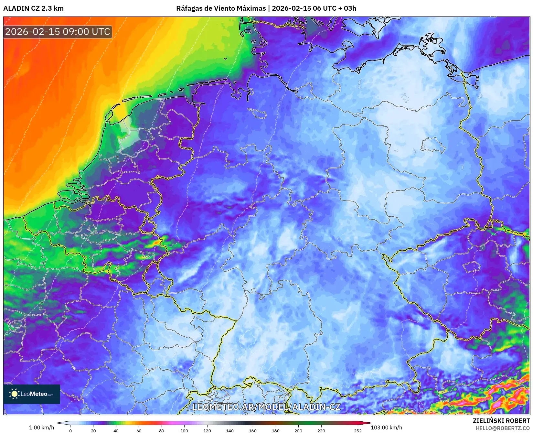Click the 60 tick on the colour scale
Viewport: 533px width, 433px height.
pos(139,430)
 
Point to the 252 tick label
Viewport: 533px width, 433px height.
pos(357,430)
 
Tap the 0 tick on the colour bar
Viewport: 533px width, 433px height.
pos(70,430)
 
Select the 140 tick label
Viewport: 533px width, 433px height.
pos(230,430)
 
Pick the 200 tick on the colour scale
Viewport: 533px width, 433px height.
pos(298,430)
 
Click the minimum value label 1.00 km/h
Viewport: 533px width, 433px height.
pos(42,428)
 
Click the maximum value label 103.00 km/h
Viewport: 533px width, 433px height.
pos(386,428)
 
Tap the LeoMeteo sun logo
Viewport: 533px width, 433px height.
pos(14,394)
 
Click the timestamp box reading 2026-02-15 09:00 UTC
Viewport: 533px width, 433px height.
pos(58,32)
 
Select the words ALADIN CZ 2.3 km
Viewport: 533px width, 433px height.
pos(33,8)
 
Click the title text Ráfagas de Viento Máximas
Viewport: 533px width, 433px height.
pos(221,8)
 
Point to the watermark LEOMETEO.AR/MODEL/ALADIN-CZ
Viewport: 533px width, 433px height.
pos(266,407)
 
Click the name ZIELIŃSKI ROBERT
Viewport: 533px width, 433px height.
pos(501,421)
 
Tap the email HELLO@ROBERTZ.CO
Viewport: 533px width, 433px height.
pos(503,428)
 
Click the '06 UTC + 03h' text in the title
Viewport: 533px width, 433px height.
pos(335,8)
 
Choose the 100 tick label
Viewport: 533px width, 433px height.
pos(184,430)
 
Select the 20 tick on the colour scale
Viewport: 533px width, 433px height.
pos(93,430)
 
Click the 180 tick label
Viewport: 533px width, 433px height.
pos(275,430)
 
